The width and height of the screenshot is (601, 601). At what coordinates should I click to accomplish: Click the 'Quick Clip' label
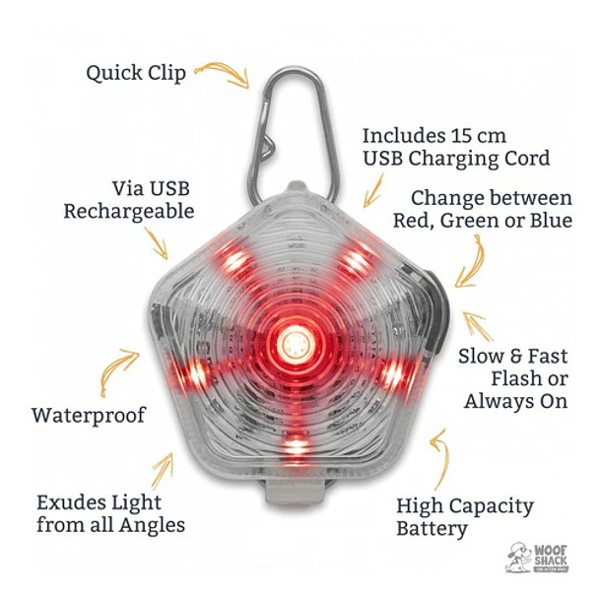[135, 73]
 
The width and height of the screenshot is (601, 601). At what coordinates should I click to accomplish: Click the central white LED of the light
[293, 344]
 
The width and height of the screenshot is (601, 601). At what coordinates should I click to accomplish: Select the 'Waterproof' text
[88, 415]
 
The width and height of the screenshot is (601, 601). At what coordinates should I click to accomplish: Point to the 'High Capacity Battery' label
[464, 517]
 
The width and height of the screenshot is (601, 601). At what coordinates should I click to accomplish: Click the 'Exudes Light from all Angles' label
[109, 512]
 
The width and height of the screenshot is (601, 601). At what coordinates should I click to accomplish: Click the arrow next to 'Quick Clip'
[222, 74]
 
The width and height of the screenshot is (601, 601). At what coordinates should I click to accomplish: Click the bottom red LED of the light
[294, 446]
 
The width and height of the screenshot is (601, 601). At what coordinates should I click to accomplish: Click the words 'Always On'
[517, 401]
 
